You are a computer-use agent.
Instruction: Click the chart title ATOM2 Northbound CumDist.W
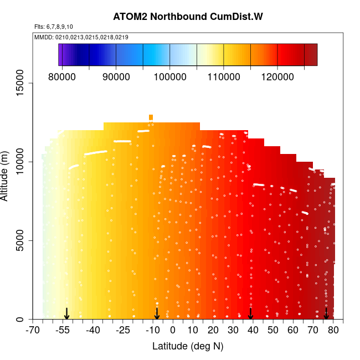188,16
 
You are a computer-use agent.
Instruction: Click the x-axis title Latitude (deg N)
188,346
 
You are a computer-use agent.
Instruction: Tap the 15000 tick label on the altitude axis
21,83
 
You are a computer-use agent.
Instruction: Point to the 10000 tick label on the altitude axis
21,162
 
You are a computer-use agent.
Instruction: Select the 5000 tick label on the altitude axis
21,241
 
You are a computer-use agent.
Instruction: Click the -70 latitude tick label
33,331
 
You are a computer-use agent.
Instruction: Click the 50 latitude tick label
273,331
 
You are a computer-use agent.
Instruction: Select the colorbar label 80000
62,76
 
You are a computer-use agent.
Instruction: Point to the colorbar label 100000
169,76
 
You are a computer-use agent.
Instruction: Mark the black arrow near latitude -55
66,314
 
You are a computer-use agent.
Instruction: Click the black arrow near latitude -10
157,314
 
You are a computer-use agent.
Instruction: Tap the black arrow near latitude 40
251,314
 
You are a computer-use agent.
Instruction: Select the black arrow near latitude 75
326,314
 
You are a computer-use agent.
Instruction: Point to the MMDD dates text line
81,37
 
